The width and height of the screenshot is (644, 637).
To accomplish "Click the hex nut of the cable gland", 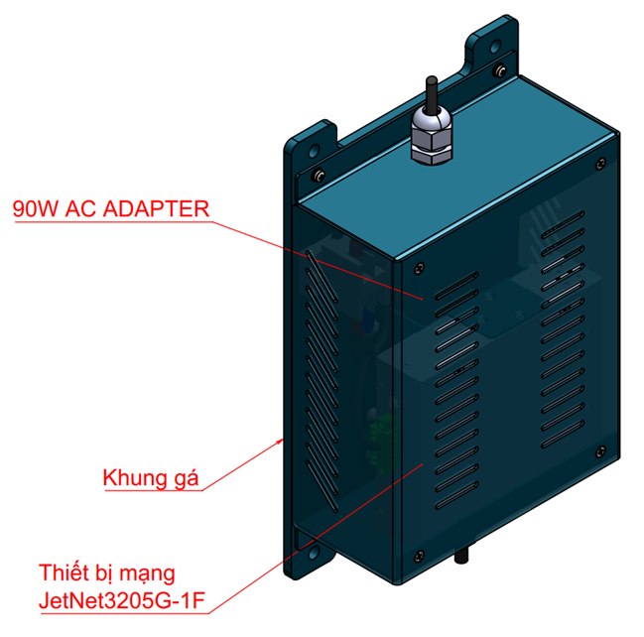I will (431, 149).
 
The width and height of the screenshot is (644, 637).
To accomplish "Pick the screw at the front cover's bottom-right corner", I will (599, 448).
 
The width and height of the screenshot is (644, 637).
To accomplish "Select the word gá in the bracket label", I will (186, 478).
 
